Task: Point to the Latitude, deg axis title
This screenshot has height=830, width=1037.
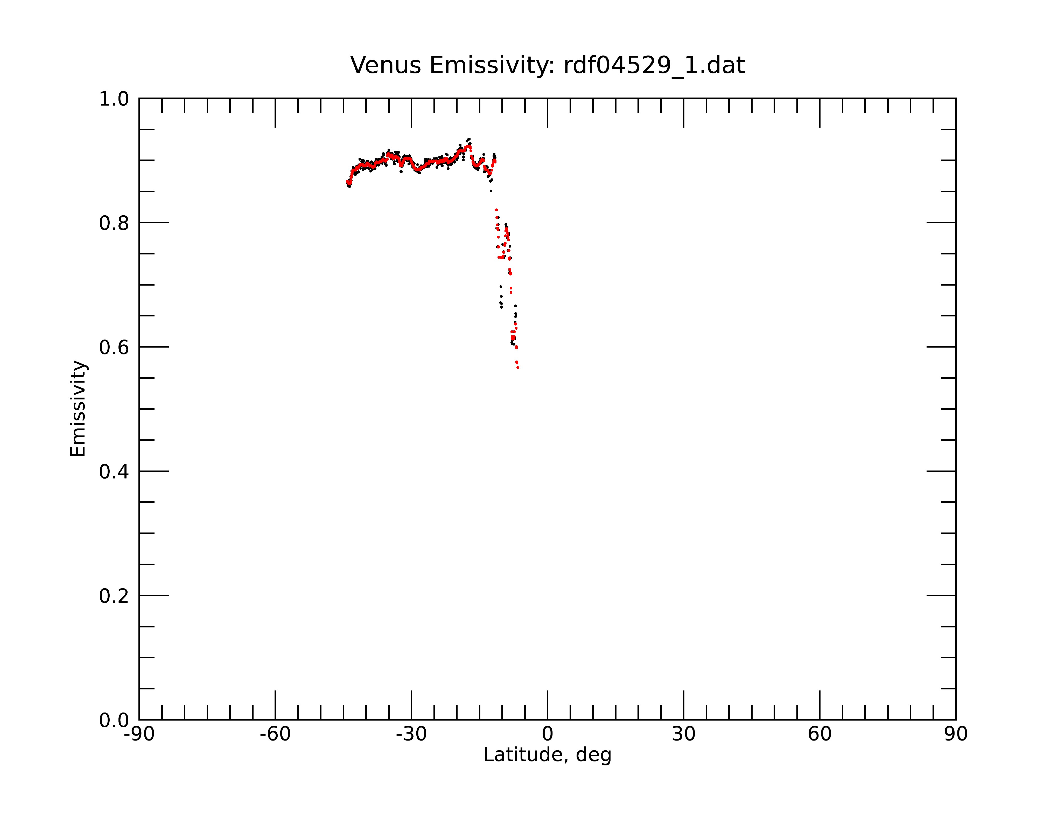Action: pos(547,755)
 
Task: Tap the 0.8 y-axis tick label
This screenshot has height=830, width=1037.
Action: pos(114,223)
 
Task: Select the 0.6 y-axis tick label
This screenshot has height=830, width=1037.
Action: pos(114,347)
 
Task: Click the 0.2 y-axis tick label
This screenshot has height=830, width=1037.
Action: pos(114,596)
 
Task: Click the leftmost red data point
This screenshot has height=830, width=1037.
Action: pos(347,182)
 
